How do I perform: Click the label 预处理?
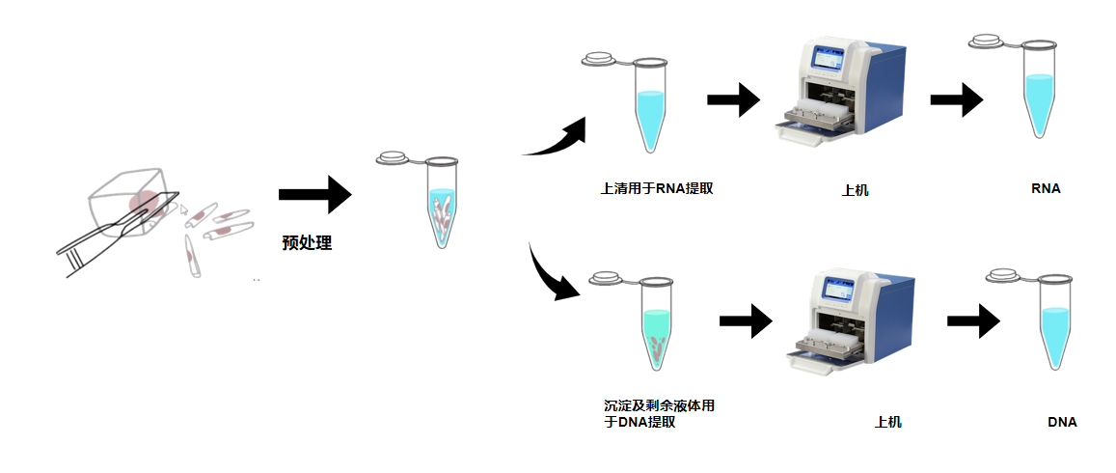(x=307, y=243)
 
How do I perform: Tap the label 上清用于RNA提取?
(x=657, y=188)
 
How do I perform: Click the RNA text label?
(x=1046, y=188)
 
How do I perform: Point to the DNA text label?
(x=1062, y=422)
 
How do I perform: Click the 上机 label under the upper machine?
(x=855, y=190)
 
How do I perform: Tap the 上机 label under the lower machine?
(x=887, y=423)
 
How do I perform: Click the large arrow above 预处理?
(x=314, y=194)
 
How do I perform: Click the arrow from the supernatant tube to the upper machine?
(x=734, y=99)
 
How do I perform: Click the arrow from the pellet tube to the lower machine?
(x=747, y=320)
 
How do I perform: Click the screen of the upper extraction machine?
(x=829, y=61)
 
